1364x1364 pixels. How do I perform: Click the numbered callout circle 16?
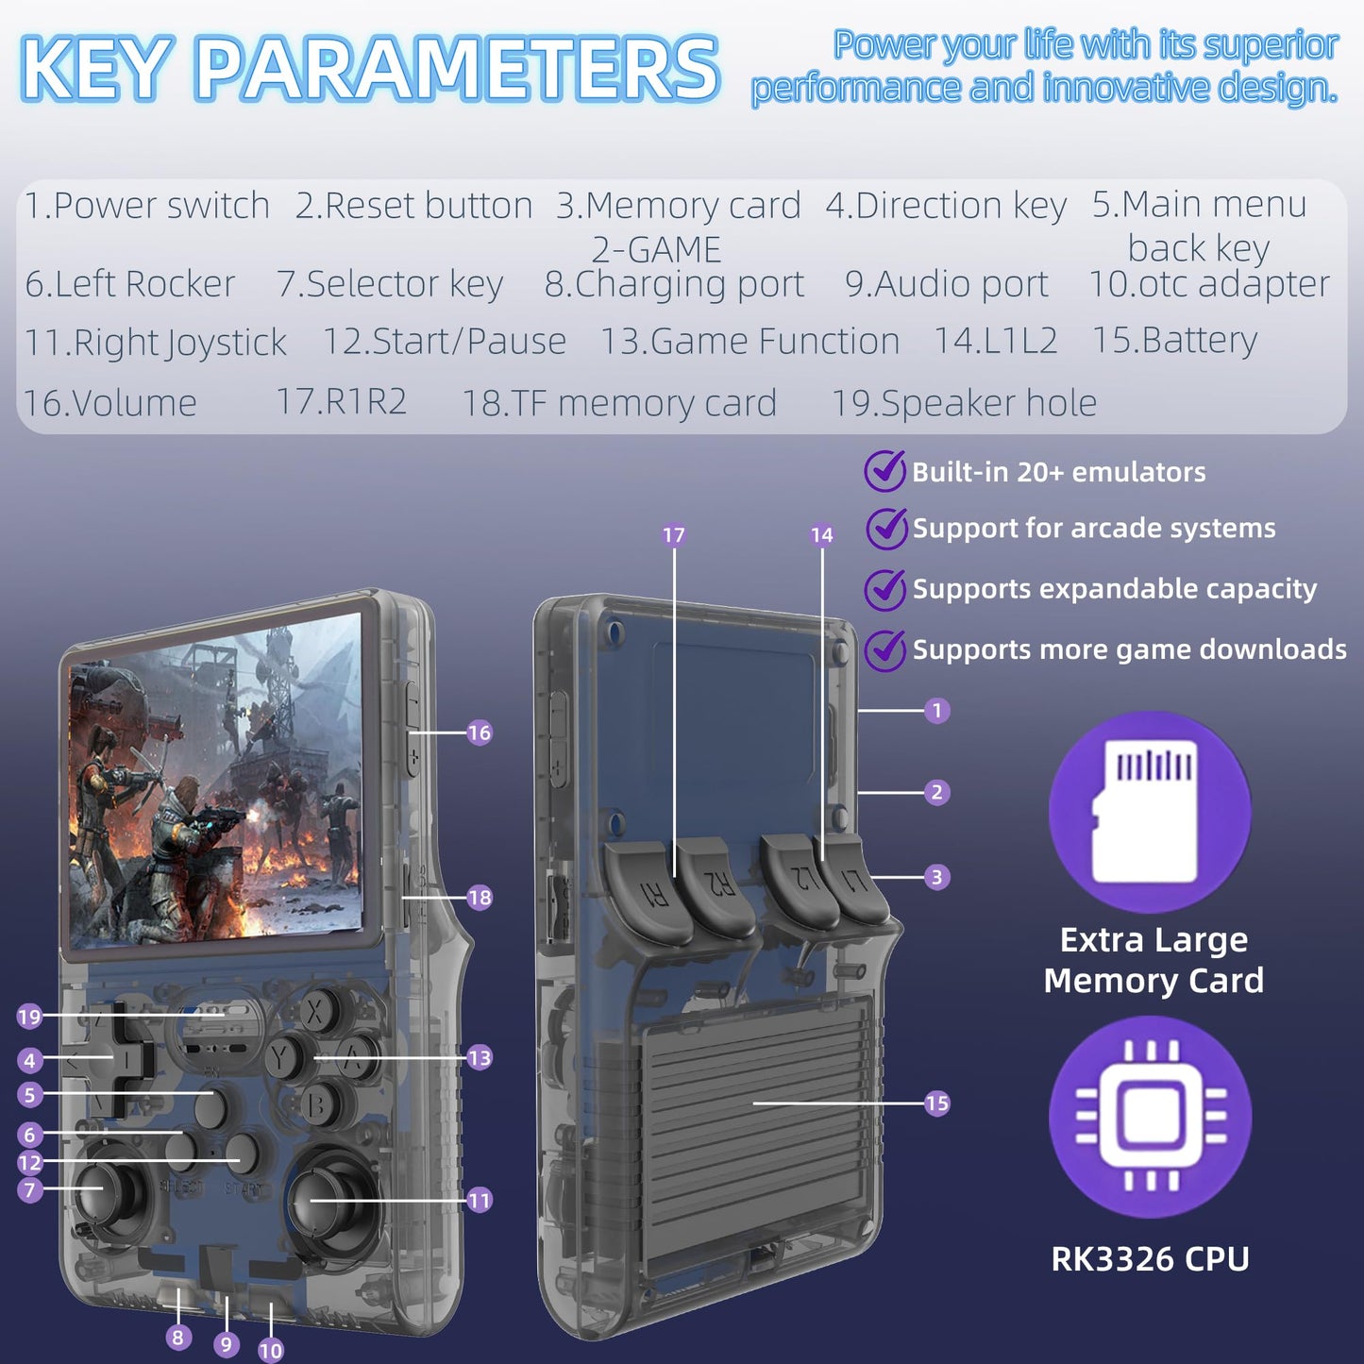coord(480,732)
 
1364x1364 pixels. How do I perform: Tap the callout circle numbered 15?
coord(936,1103)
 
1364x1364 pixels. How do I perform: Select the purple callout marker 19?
coord(29,1017)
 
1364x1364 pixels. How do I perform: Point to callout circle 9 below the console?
coord(226,1344)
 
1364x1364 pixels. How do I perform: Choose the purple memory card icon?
coord(1150,812)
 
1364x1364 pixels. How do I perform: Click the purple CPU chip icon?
coord(1150,1117)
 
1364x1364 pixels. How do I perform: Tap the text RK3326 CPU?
coord(1150,1258)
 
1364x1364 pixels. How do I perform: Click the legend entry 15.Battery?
coord(1174,341)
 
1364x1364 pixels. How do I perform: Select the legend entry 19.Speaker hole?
coord(964,403)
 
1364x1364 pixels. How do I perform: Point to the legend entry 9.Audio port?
coord(947,284)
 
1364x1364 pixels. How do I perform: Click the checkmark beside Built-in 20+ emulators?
coord(884,471)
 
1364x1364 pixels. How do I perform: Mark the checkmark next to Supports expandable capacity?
coord(884,589)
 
